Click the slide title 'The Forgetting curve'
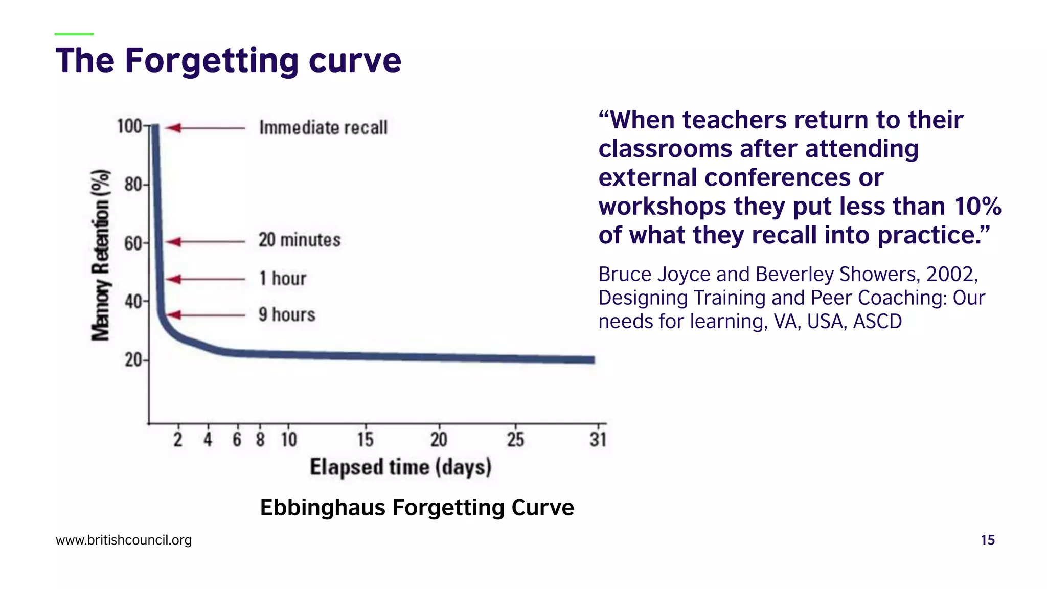(x=228, y=61)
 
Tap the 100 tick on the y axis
(x=130, y=126)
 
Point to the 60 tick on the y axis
(x=133, y=243)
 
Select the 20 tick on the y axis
(x=133, y=360)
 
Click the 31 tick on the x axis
(x=598, y=439)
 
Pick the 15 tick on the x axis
(x=365, y=439)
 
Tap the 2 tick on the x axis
(x=178, y=439)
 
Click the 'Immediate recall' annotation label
(x=323, y=127)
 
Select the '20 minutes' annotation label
(x=300, y=240)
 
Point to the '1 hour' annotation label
(x=283, y=279)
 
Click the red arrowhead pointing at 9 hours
(x=174, y=315)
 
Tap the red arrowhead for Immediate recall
(x=174, y=127)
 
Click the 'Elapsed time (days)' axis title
(x=401, y=467)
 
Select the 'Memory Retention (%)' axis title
(x=101, y=255)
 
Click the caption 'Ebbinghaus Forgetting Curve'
(x=417, y=508)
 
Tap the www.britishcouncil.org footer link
(x=124, y=540)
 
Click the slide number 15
(x=987, y=540)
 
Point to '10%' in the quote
(x=977, y=207)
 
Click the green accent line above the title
(x=74, y=34)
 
